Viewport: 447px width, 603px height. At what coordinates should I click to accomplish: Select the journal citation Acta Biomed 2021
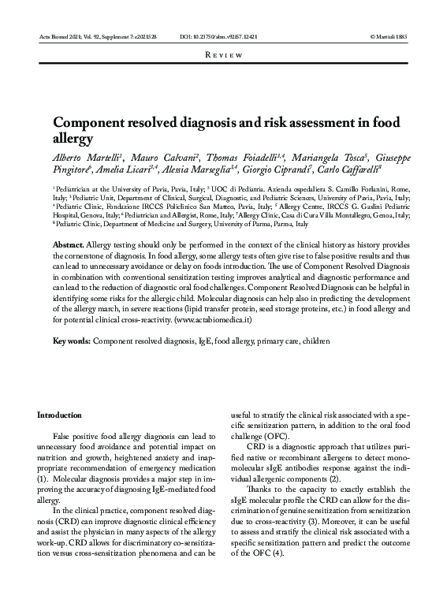click(65, 37)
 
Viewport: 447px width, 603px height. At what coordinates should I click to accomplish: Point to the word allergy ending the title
click(71, 139)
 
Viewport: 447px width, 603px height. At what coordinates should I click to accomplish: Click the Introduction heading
click(60, 415)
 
